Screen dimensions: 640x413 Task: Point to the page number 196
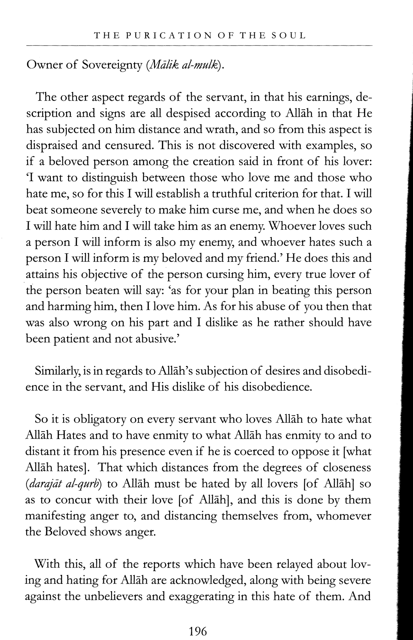point(198,624)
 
